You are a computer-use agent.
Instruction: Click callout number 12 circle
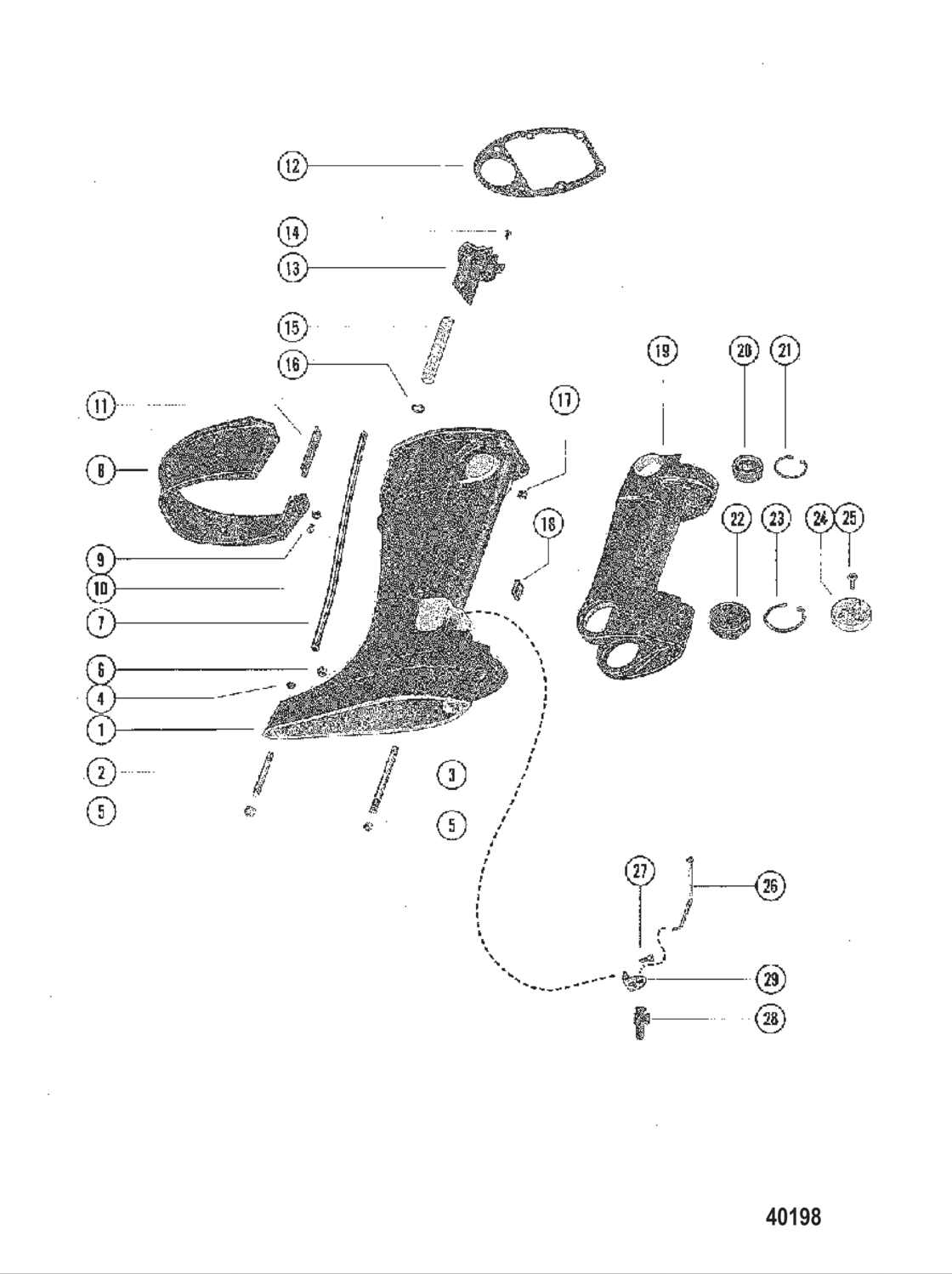tap(292, 165)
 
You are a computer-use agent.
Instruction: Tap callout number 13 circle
tap(292, 268)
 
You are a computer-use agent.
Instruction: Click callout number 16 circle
tap(292, 364)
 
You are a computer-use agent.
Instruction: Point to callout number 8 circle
tap(101, 470)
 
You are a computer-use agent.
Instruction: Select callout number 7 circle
tap(101, 623)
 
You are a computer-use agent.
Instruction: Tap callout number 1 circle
tap(101, 729)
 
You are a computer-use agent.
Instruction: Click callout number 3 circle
tap(451, 774)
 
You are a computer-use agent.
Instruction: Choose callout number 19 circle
tap(662, 350)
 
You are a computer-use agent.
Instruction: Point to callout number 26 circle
tap(770, 886)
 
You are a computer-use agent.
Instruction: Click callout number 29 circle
tap(770, 979)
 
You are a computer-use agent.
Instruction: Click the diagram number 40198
tap(793, 1216)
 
